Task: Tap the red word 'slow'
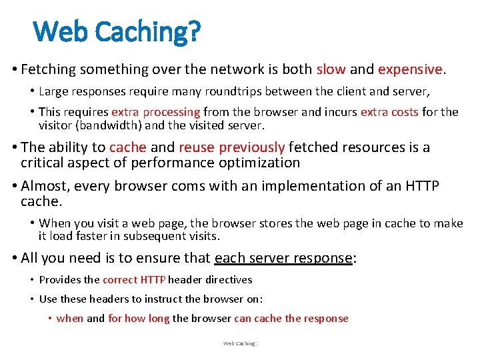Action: click(331, 69)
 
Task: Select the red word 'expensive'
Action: click(410, 69)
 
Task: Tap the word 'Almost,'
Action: click(45, 186)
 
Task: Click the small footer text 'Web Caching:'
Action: click(240, 343)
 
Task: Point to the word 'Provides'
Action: click(60, 280)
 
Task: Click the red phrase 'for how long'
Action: click(139, 318)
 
